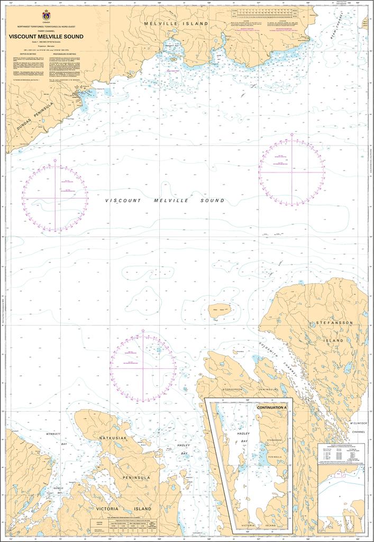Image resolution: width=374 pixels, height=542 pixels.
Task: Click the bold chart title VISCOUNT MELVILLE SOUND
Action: coord(45,37)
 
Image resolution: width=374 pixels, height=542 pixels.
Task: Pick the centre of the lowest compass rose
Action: coord(143,368)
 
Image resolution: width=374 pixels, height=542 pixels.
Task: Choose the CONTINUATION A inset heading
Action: coord(271,408)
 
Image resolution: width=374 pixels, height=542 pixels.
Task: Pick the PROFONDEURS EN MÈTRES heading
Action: coord(75,54)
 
